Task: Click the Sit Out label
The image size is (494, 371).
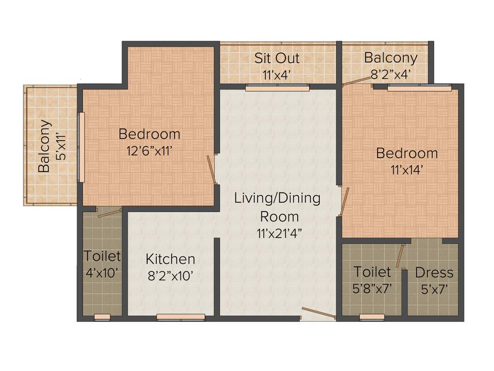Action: [277, 58]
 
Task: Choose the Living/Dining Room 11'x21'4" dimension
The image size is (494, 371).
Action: [277, 233]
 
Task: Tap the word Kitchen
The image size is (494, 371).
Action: [170, 259]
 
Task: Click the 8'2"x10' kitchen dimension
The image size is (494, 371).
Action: [170, 276]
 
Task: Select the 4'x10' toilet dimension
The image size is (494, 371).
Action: [102, 272]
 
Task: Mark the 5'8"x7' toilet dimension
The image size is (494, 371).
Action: [371, 288]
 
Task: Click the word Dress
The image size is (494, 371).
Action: [434, 273]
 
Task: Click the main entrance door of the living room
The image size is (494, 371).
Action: [318, 313]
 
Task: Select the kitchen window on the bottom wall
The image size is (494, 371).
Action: [180, 317]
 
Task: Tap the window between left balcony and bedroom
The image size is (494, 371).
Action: [81, 147]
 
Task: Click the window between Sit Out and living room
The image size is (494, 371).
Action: [276, 88]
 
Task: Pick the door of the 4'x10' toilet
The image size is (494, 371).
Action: [109, 213]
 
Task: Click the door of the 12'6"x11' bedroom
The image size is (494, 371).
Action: [211, 170]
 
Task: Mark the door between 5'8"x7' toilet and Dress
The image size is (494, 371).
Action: [400, 256]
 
